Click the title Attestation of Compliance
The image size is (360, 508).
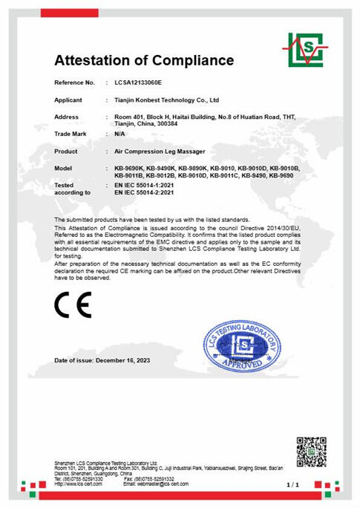(144, 60)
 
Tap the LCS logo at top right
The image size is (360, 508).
(305, 50)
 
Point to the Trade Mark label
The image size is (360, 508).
(71, 134)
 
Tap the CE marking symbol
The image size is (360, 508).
(73, 305)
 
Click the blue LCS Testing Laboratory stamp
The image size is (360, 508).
(242, 344)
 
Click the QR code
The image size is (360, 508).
(311, 452)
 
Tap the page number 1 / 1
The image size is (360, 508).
(292, 485)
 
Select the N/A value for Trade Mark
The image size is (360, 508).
(120, 134)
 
